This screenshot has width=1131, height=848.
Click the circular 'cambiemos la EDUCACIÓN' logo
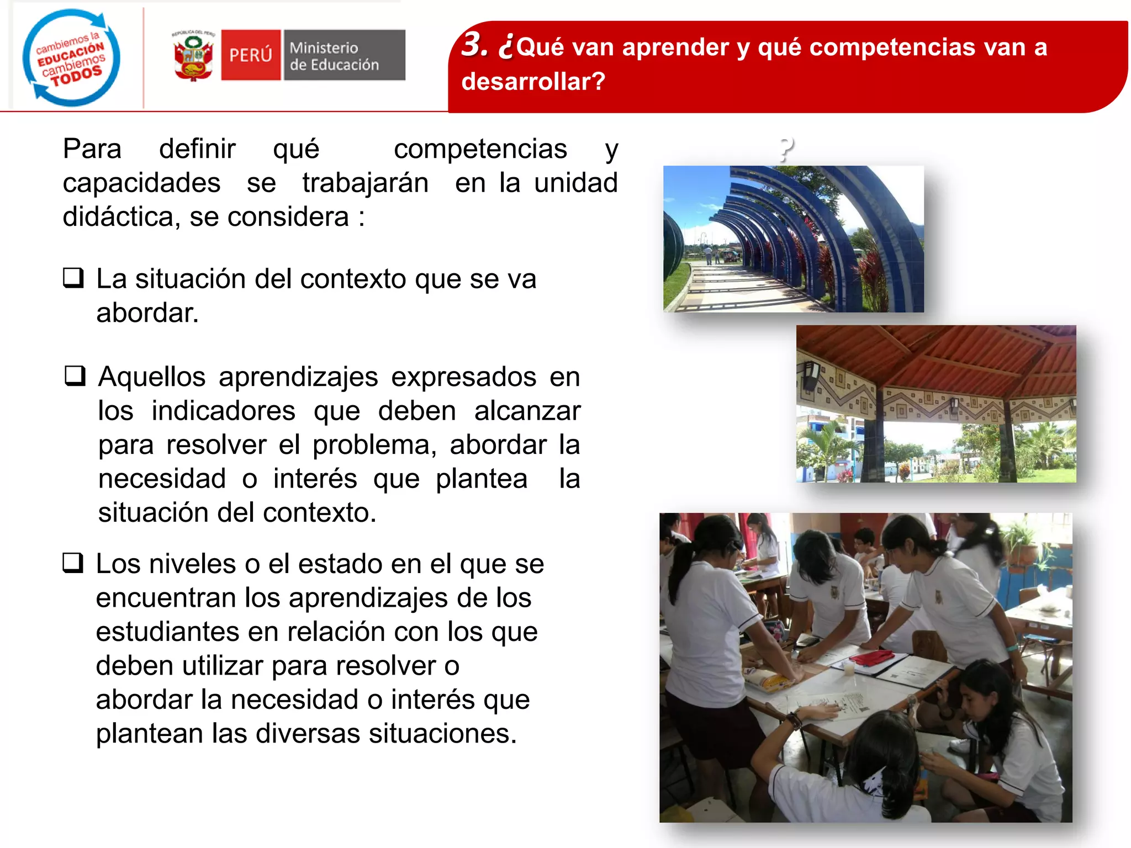(71, 57)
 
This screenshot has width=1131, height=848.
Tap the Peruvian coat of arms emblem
(193, 56)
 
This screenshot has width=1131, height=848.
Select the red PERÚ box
(251, 55)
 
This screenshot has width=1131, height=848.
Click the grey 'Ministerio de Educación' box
(344, 55)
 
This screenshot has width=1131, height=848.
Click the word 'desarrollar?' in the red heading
(533, 82)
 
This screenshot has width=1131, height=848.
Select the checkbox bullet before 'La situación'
(73, 278)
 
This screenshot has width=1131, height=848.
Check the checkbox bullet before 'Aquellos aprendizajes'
(75, 376)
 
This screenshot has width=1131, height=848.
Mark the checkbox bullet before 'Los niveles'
(73, 563)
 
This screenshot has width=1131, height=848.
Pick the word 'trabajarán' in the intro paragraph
(365, 183)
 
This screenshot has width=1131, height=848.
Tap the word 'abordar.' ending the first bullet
(147, 313)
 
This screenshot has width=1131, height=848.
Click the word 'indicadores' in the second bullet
(224, 411)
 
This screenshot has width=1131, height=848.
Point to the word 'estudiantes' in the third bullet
(167, 632)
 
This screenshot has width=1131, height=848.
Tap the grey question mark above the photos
(786, 149)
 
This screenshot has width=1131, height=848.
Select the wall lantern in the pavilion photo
(811, 375)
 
